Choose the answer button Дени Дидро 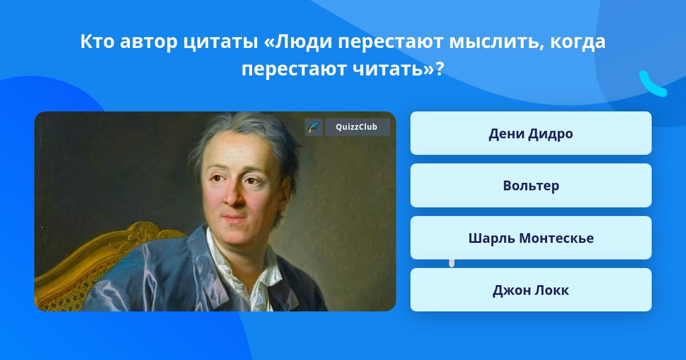[x=531, y=133]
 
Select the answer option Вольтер [x=531, y=186]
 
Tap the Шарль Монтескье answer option [x=531, y=238]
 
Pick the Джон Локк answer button [x=531, y=290]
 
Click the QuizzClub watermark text [x=357, y=127]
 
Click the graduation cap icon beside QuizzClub [x=314, y=127]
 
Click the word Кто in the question [x=97, y=41]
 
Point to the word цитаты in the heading [x=221, y=42]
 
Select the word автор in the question [x=149, y=42]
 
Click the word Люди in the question [x=303, y=42]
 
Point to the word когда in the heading [x=578, y=42]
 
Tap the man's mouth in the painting [x=233, y=218]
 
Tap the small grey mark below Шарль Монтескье [x=452, y=263]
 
